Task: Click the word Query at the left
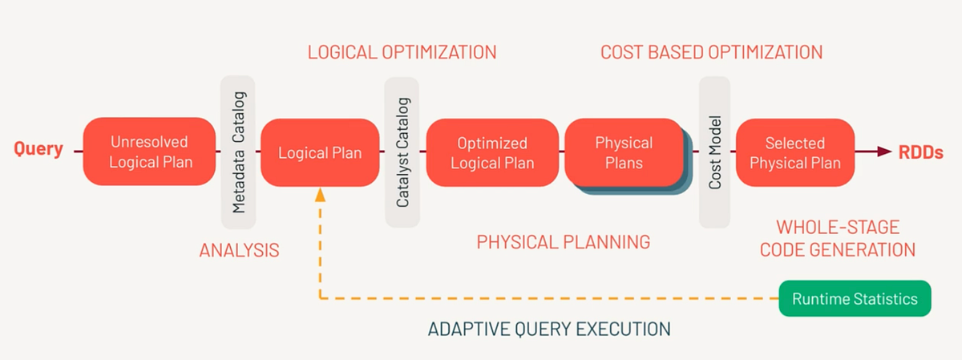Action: [x=38, y=150]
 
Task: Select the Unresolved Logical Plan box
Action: [x=149, y=152]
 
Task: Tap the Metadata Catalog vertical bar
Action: [x=238, y=152]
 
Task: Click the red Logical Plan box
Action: [x=320, y=152]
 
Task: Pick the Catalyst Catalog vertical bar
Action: [x=402, y=152]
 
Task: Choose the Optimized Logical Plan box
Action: [x=492, y=152]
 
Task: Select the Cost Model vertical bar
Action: [x=715, y=152]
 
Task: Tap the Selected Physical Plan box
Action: [x=794, y=152]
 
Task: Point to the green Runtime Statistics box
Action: [x=855, y=299]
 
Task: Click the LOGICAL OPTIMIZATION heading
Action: [x=402, y=53]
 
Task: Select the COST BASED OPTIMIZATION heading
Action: [x=712, y=53]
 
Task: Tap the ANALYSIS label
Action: [x=239, y=250]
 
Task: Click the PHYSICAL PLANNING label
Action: [x=563, y=241]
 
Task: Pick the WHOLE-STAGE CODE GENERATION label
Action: [x=838, y=238]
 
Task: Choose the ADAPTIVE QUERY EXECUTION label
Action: [x=549, y=329]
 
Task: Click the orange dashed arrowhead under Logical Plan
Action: [x=320, y=194]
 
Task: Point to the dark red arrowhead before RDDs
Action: [x=884, y=152]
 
